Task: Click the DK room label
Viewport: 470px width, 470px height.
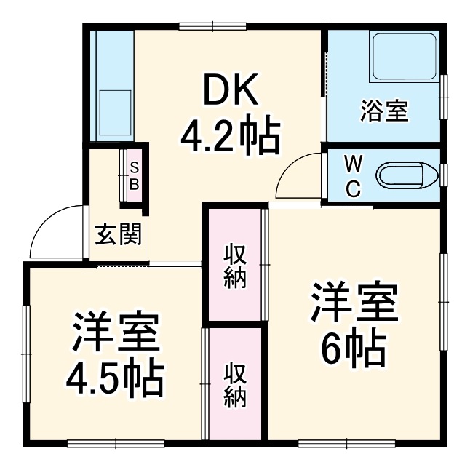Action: click(x=230, y=93)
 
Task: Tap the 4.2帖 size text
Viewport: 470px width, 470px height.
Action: click(x=230, y=135)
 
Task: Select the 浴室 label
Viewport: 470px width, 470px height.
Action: click(x=383, y=112)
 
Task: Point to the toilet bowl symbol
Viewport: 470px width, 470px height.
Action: click(x=401, y=175)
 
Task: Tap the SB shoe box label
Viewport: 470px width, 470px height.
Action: click(x=135, y=175)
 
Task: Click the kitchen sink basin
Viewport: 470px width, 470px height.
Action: click(x=114, y=106)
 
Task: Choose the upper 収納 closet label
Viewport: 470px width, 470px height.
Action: click(x=234, y=268)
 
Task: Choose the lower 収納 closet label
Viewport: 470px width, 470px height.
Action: click(x=234, y=385)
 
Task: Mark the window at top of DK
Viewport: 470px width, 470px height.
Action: click(x=212, y=28)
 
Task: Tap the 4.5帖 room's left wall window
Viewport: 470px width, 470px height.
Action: click(x=26, y=340)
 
